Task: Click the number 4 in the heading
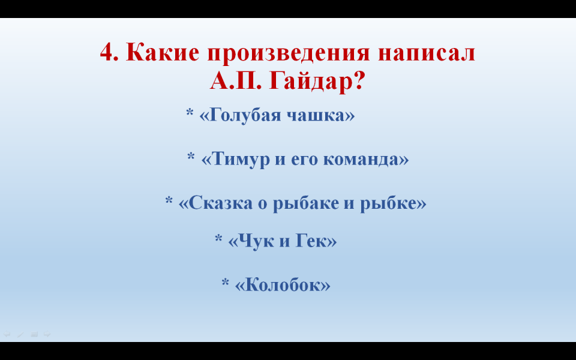109,52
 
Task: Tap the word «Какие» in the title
163,52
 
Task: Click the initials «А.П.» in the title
236,81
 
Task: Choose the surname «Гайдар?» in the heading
317,81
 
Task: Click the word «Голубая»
242,115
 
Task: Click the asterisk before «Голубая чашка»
190,112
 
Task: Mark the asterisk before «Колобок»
225,282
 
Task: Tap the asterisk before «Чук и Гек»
218,238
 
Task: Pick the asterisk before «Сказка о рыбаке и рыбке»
169,200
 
